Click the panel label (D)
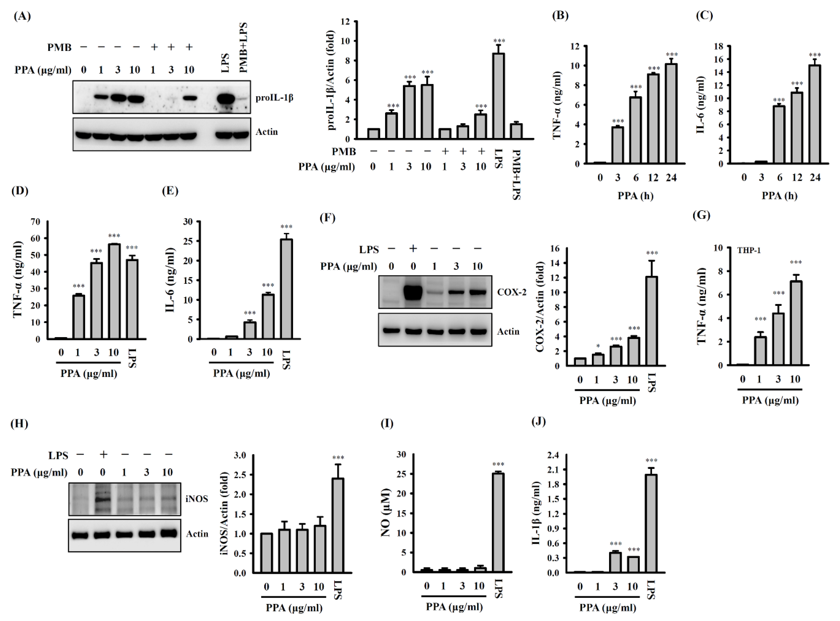click(20, 191)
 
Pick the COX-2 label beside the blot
click(512, 292)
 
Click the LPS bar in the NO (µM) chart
click(498, 522)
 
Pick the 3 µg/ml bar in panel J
click(615, 562)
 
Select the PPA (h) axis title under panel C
click(779, 196)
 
